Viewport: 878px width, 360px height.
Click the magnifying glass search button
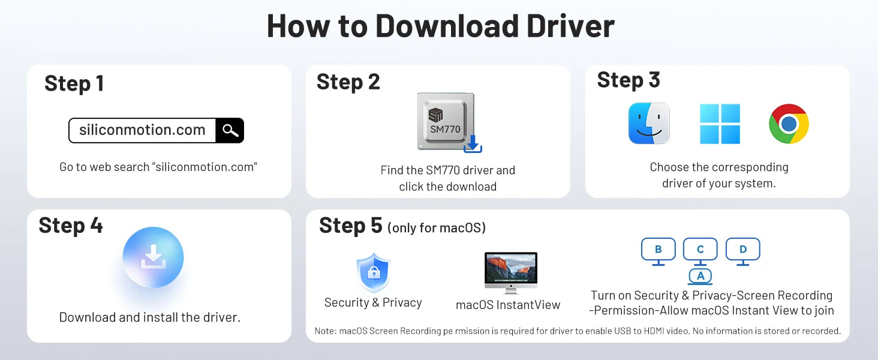pyautogui.click(x=230, y=130)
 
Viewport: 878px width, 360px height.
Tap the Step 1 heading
pyautogui.click(x=74, y=83)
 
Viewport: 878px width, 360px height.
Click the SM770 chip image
pyautogui.click(x=446, y=121)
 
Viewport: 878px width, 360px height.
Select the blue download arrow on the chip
pyautogui.click(x=473, y=144)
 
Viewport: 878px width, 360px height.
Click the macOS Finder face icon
pyautogui.click(x=649, y=124)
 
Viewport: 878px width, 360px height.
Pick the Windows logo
pyautogui.click(x=720, y=124)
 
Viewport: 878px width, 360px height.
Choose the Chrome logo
pyautogui.click(x=789, y=124)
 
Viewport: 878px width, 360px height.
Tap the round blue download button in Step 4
pyautogui.click(x=153, y=257)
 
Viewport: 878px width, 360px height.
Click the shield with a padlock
pyautogui.click(x=374, y=272)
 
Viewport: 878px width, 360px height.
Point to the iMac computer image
pyautogui.click(x=511, y=272)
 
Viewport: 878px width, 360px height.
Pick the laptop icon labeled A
pyautogui.click(x=700, y=276)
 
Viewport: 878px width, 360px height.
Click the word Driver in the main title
pyautogui.click(x=570, y=26)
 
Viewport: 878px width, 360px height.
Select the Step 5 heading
pyautogui.click(x=351, y=226)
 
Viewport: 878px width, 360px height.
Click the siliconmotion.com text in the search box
pyautogui.click(x=142, y=130)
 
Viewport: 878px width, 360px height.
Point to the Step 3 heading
pyautogui.click(x=629, y=80)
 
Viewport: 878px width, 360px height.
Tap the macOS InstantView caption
pyautogui.click(x=508, y=305)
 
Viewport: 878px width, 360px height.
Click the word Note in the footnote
pyautogui.click(x=324, y=331)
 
